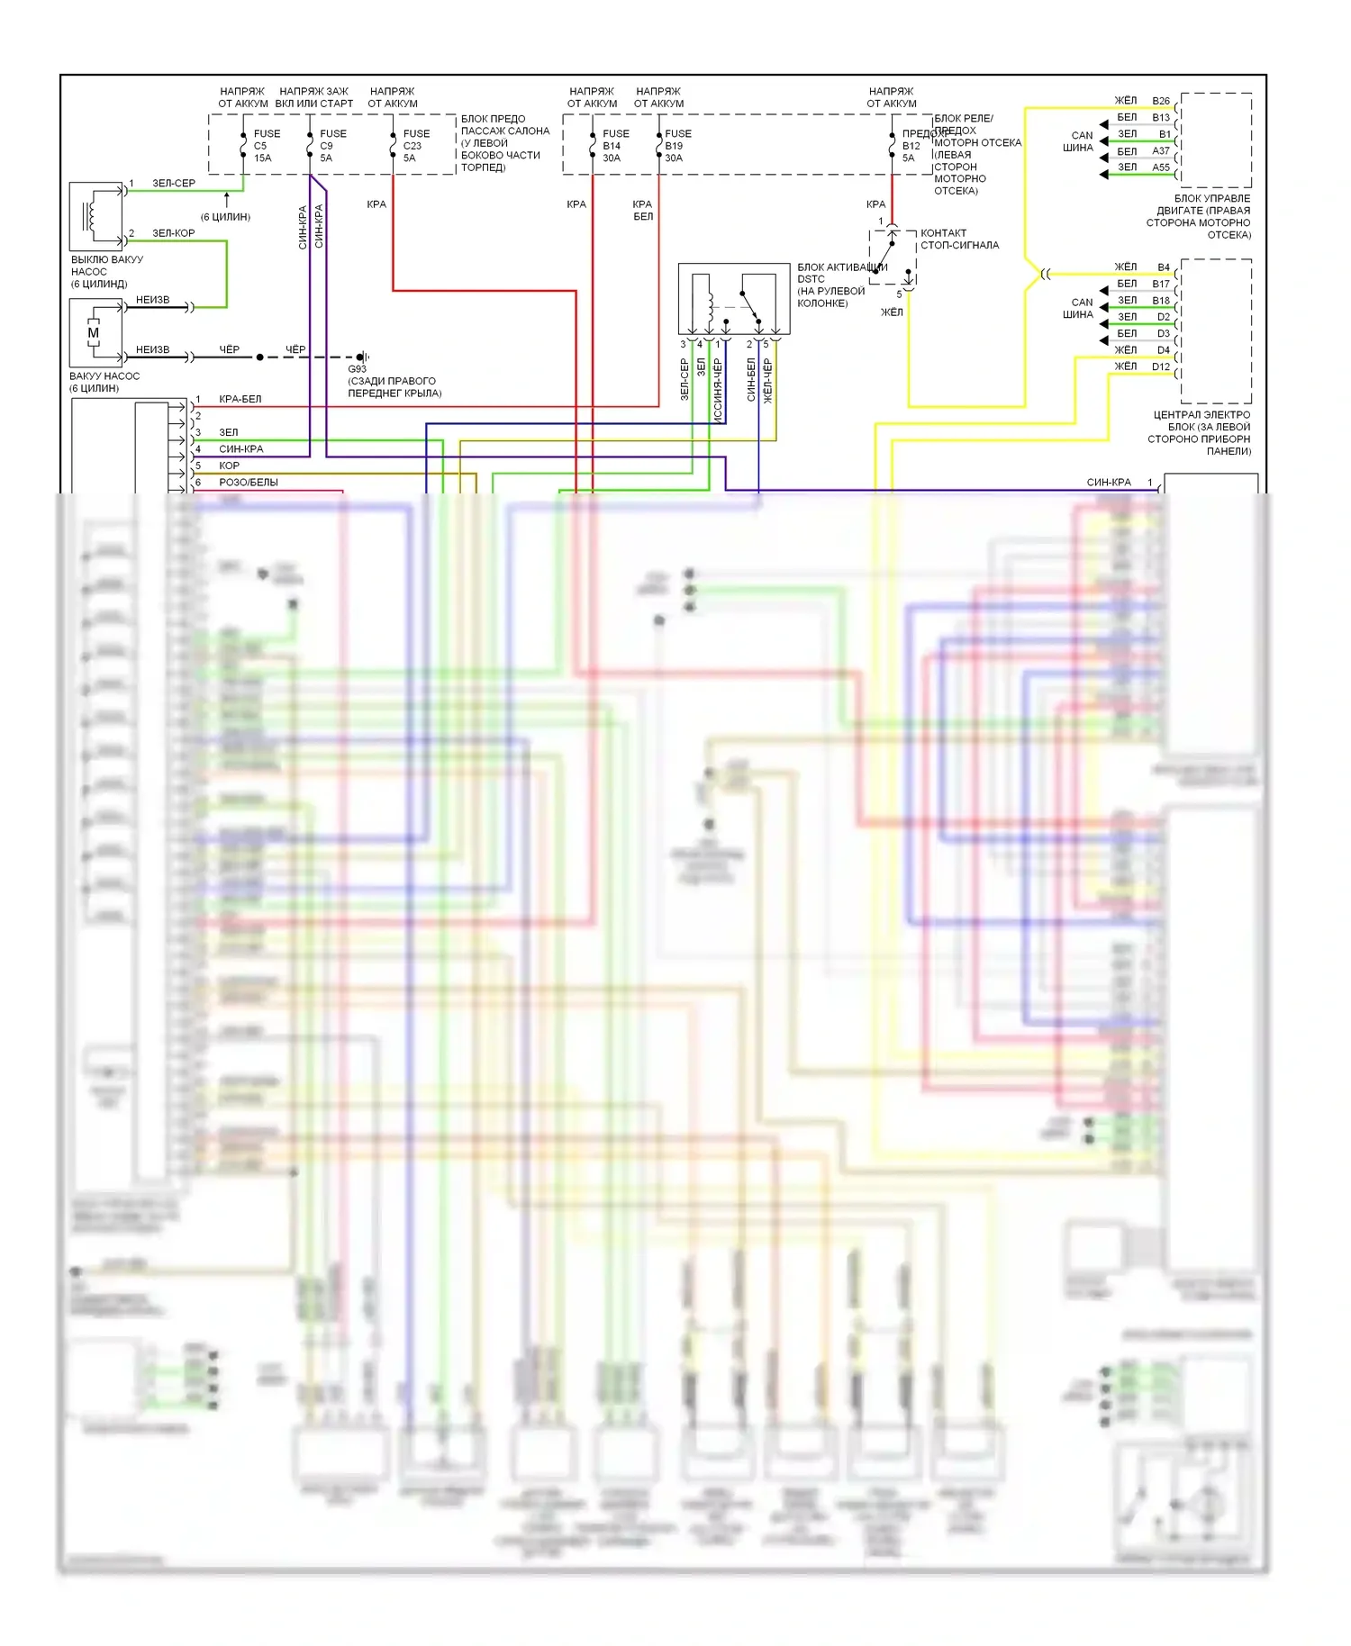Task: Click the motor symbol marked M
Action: coord(93,333)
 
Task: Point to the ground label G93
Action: coord(357,369)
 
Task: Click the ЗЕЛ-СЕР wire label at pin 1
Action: coord(173,184)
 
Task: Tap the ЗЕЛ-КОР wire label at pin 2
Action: coord(173,233)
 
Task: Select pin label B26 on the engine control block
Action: coord(1160,101)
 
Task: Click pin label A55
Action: coord(1160,167)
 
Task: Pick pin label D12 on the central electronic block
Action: coord(1160,366)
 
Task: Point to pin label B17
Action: coord(1160,284)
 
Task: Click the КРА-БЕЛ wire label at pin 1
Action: coord(240,399)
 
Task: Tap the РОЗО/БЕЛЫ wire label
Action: coord(248,483)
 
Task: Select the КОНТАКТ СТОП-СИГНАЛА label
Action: coord(959,239)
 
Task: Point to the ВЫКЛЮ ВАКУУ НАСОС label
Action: coord(106,271)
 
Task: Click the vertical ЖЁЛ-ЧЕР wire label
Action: coord(767,380)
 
